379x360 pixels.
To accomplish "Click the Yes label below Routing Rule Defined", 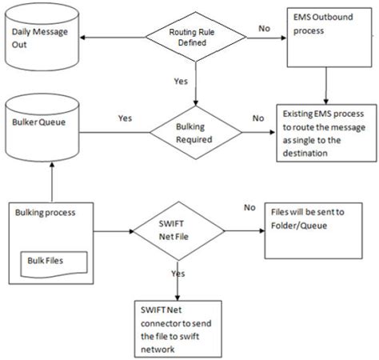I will point(181,81).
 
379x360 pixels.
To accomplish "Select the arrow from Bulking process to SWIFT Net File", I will point(110,233).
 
